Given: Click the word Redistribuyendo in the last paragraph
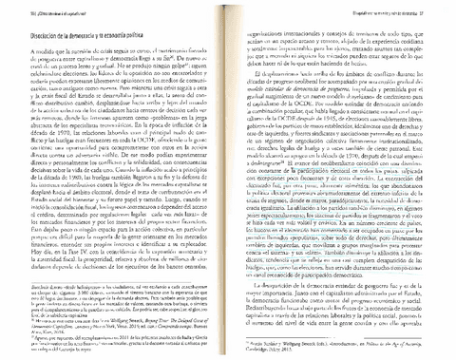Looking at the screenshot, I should pyautogui.click(x=275, y=285).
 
